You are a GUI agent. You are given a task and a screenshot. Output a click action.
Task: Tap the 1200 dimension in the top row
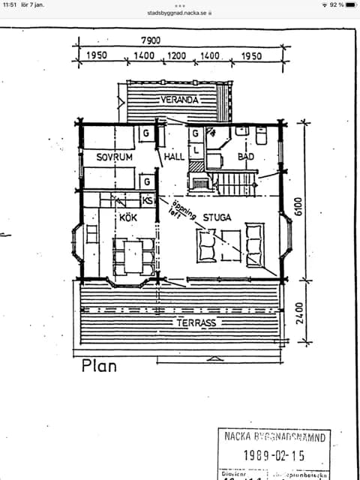pyautogui.click(x=177, y=56)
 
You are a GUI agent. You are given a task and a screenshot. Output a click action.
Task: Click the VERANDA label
pyautogui.click(x=179, y=100)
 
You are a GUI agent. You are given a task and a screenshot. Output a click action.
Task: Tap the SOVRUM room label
pyautogui.click(x=114, y=157)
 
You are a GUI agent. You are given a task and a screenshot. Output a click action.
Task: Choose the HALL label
pyautogui.click(x=174, y=157)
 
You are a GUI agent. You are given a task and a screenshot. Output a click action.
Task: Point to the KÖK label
pyautogui.click(x=129, y=217)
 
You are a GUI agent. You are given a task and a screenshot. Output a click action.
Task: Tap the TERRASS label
pyautogui.click(x=196, y=322)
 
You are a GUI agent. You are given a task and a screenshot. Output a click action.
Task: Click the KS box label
pyautogui.click(x=148, y=200)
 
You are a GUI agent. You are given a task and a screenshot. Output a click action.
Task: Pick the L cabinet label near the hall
pyautogui.click(x=194, y=149)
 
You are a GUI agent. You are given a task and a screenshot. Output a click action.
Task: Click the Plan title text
pyautogui.click(x=99, y=366)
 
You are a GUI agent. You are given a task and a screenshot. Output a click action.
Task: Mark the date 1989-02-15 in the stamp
pyautogui.click(x=274, y=454)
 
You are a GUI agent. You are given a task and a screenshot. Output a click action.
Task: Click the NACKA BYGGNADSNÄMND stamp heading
pyautogui.click(x=274, y=436)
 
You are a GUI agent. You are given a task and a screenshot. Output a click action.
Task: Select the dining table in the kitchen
pyautogui.click(x=132, y=255)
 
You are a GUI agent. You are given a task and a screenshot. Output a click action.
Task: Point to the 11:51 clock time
pyautogui.click(x=10, y=4)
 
